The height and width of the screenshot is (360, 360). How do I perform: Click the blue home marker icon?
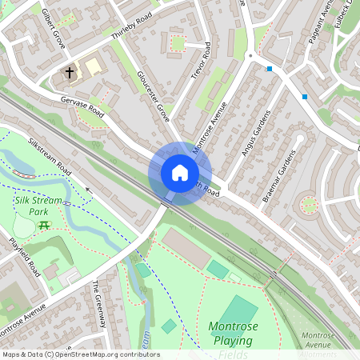180,173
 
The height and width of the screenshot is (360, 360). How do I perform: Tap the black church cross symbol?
70,73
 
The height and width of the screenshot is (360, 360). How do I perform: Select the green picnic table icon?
44,225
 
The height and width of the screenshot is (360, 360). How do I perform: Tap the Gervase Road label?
83,106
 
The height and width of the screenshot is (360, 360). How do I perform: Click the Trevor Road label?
202,62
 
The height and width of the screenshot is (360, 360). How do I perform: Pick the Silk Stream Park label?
37,206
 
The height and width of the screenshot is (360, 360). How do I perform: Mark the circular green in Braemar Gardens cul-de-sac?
307,205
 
